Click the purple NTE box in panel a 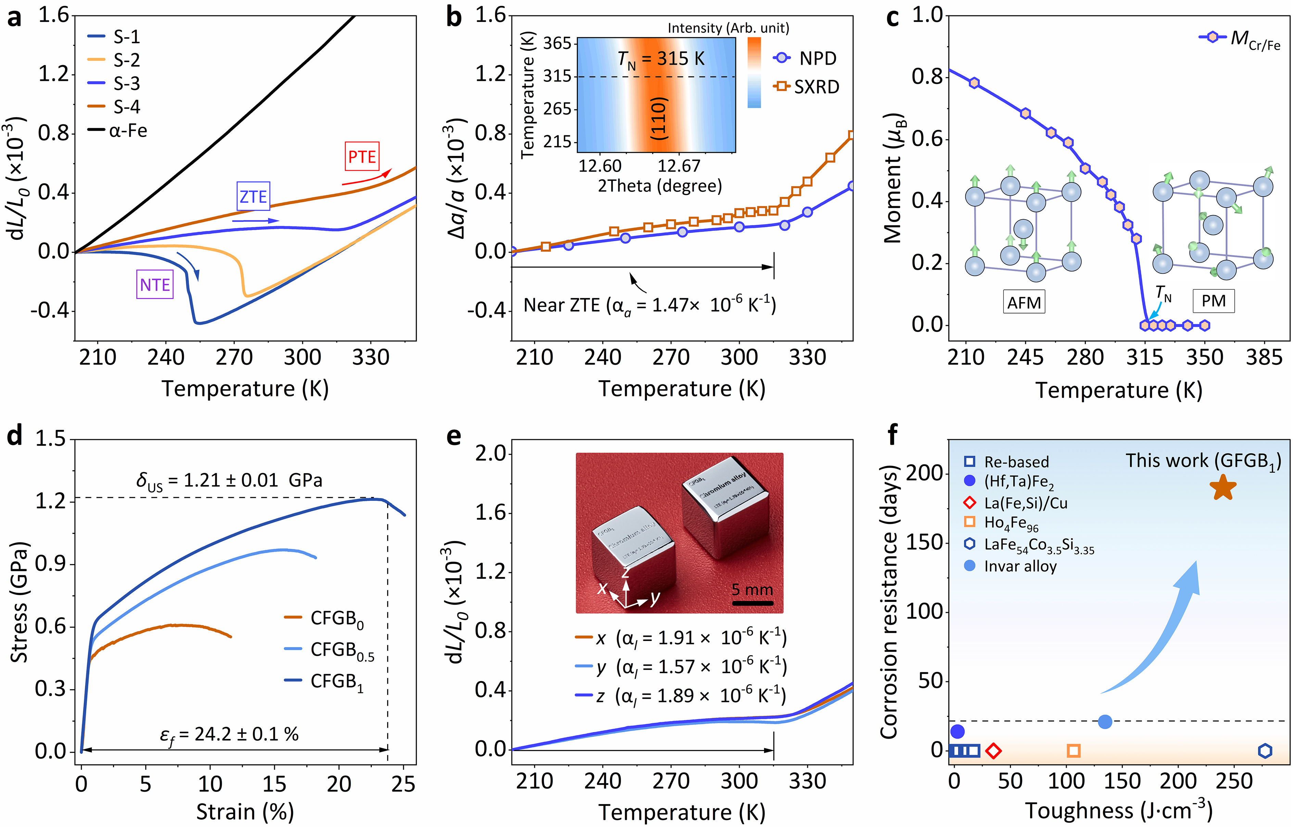[155, 284]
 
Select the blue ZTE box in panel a [253, 197]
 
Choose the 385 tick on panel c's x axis [1264, 357]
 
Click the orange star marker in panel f [1222, 487]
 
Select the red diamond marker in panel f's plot [993, 751]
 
